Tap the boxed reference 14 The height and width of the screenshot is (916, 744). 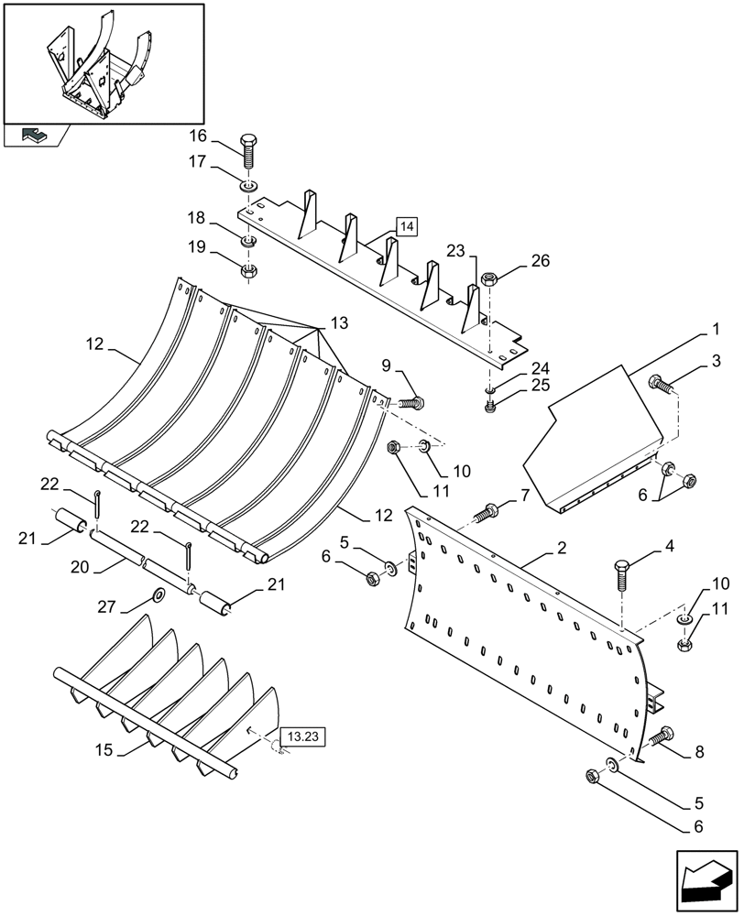tap(407, 226)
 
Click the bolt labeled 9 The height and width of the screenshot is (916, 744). tap(410, 400)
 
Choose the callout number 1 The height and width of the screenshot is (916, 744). tap(717, 328)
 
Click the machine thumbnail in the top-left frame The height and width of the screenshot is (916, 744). tap(101, 64)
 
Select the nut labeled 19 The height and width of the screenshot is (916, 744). tap(248, 271)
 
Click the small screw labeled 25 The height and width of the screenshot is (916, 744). tap(489, 407)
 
